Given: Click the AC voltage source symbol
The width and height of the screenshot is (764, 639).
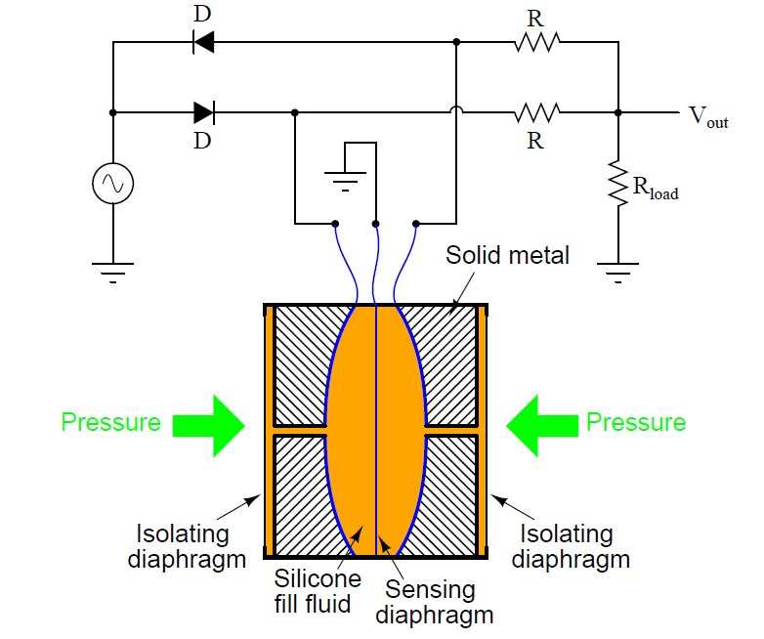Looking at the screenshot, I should click(112, 183).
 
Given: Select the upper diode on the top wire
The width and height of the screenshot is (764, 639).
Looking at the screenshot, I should click(203, 42).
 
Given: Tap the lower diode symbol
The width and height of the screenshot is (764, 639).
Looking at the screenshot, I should click(203, 112).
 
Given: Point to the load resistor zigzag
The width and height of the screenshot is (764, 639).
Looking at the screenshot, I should click(617, 183).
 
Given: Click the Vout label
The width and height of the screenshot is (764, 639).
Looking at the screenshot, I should click(708, 117).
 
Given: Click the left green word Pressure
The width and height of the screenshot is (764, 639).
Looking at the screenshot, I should click(110, 423).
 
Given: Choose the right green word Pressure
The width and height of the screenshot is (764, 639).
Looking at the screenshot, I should click(636, 423).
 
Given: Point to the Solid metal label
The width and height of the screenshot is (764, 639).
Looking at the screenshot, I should click(507, 256).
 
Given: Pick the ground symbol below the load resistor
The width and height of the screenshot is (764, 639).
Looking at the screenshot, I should click(617, 269).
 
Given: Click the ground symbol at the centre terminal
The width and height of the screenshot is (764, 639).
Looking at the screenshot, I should click(344, 180).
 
